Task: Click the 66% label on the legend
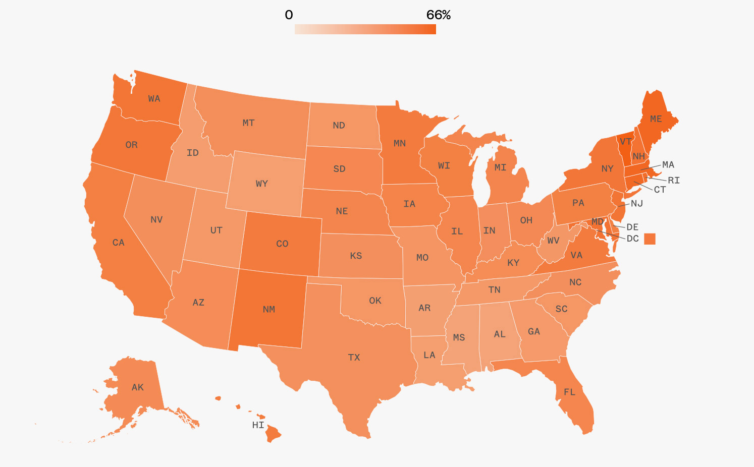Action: point(438,15)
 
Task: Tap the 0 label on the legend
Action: point(289,15)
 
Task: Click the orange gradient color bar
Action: point(365,29)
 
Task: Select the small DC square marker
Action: point(650,239)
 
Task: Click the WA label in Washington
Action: point(154,99)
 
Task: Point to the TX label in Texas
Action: point(354,358)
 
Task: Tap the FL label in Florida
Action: point(569,392)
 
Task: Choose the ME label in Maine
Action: point(656,119)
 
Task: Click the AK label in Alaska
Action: point(137,387)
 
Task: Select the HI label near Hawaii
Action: point(258,425)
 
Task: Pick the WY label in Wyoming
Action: point(261,184)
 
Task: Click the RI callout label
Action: point(673,180)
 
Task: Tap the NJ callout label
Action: point(636,203)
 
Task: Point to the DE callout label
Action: point(632,227)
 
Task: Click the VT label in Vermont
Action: point(626,141)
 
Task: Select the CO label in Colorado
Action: point(282,244)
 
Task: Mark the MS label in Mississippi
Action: point(459,337)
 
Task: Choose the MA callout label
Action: point(668,164)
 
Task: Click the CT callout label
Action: point(660,190)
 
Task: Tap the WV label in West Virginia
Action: point(553,241)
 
